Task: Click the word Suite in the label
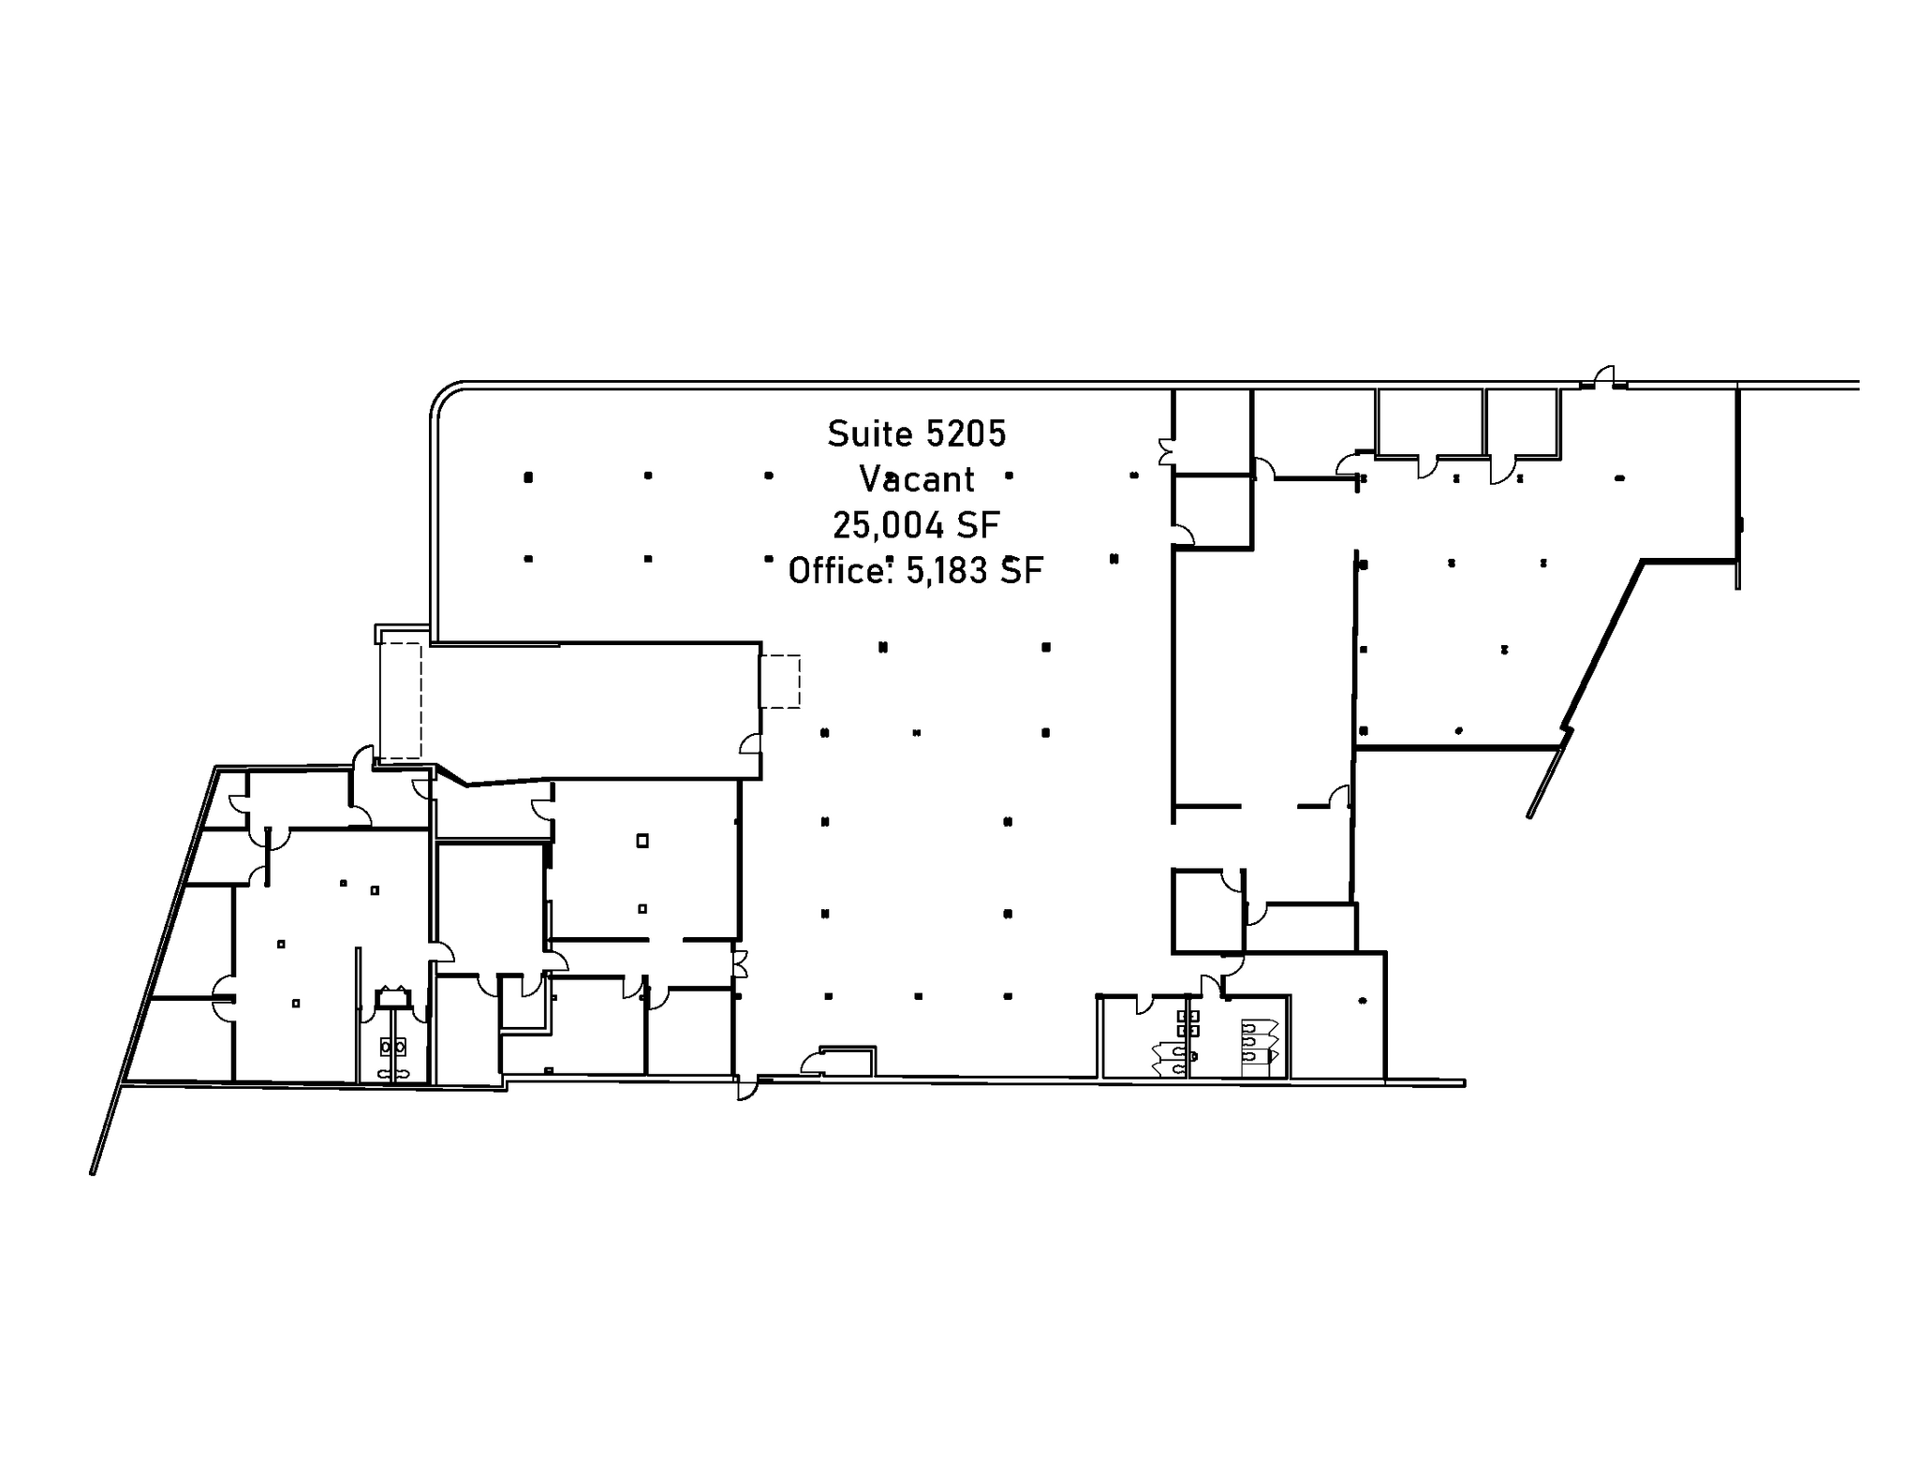pyautogui.click(x=870, y=433)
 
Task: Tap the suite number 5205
pyautogui.click(x=966, y=433)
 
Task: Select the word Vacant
pyautogui.click(x=917, y=479)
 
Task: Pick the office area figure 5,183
pyautogui.click(x=947, y=570)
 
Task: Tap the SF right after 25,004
pyautogui.click(x=979, y=525)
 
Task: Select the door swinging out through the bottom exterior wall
pyautogui.click(x=746, y=1090)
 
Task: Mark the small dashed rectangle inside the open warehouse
pyautogui.click(x=780, y=681)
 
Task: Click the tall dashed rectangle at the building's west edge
pyautogui.click(x=400, y=700)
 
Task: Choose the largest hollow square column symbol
pyautogui.click(x=642, y=841)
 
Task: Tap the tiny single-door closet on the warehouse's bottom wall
pyautogui.click(x=848, y=1061)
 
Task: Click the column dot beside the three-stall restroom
pyautogui.click(x=1363, y=1001)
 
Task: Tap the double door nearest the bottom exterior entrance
pyautogui.click(x=739, y=963)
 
